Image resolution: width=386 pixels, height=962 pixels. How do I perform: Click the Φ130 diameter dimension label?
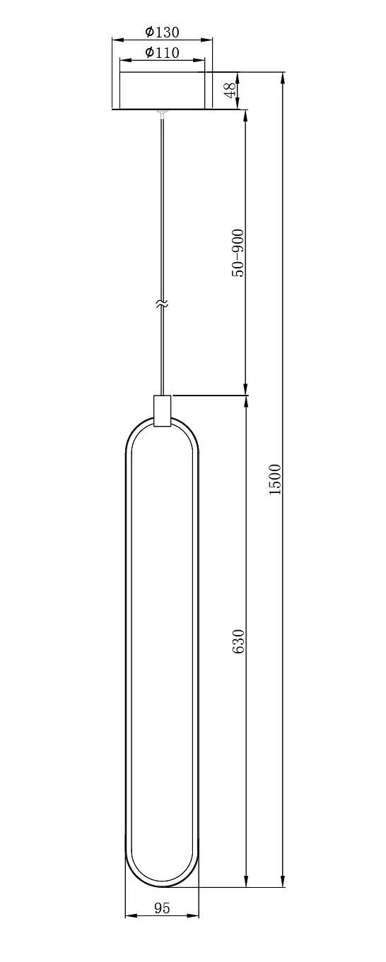162,32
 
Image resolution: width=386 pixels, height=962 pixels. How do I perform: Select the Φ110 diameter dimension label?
162,52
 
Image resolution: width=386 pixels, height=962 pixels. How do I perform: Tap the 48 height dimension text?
230,90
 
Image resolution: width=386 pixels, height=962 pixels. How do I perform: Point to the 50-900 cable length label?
238,253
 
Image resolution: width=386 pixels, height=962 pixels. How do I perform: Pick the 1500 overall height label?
275,480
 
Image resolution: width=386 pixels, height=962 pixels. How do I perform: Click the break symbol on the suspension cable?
162,304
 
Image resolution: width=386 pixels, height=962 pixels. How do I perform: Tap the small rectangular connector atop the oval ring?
162,411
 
